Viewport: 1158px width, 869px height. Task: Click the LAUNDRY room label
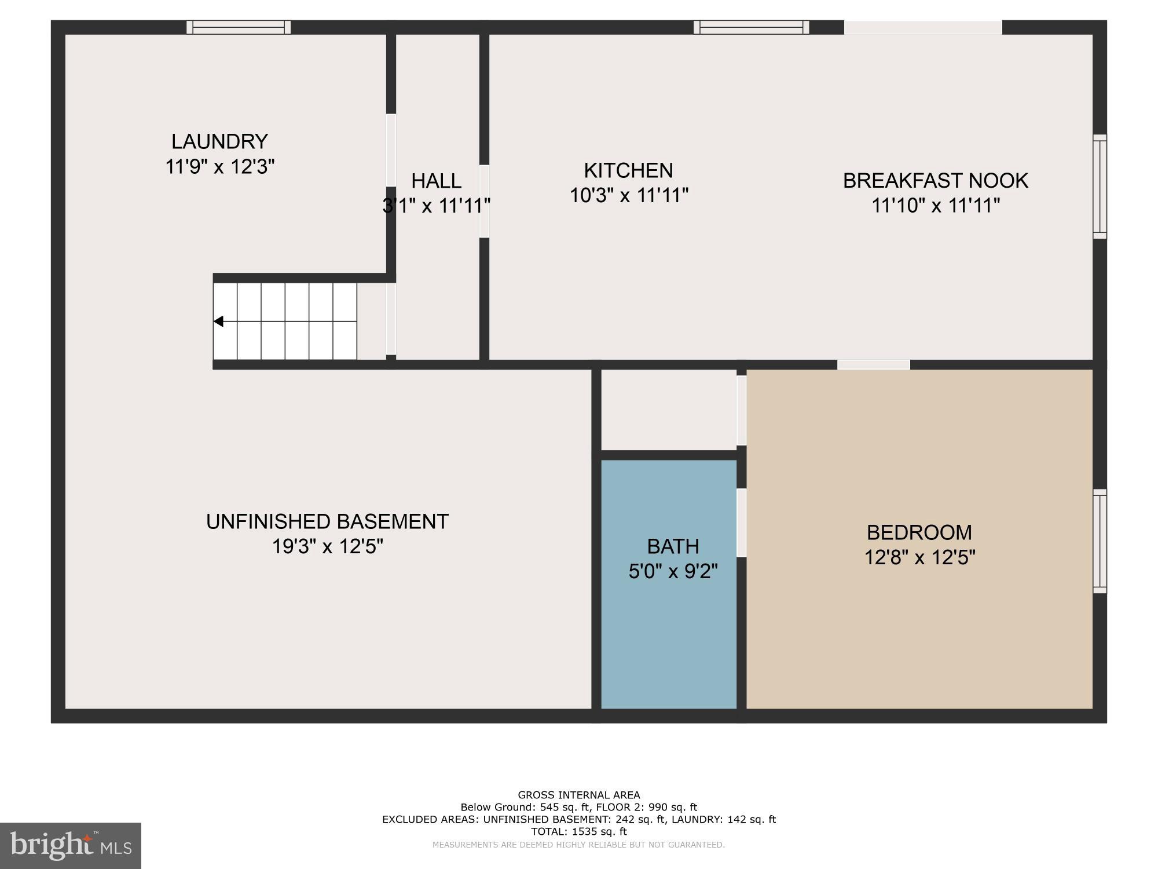click(x=219, y=141)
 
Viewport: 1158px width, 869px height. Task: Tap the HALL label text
click(x=436, y=181)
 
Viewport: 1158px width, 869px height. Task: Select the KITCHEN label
click(x=628, y=170)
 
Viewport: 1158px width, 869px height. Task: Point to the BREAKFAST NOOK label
click(x=935, y=181)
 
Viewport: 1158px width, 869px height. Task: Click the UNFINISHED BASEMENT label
click(x=327, y=521)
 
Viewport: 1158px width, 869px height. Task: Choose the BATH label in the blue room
click(x=673, y=546)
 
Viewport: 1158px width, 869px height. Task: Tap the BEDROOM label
click(x=919, y=532)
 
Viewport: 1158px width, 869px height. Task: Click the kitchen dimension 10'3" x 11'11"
click(x=629, y=196)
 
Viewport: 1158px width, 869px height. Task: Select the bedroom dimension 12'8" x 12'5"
click(x=919, y=557)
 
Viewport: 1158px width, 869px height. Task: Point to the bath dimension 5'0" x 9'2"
click(x=673, y=572)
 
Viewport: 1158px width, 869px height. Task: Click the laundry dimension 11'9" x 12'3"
click(x=219, y=167)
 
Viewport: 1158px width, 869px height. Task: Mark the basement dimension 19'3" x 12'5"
click(x=327, y=546)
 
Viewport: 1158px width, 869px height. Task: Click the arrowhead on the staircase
click(x=219, y=321)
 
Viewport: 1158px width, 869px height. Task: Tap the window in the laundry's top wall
click(x=239, y=27)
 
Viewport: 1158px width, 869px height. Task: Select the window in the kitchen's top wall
click(x=751, y=27)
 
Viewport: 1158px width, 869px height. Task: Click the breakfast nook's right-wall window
click(x=1100, y=187)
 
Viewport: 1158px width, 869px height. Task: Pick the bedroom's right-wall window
click(x=1100, y=541)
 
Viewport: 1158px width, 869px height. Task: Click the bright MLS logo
click(x=71, y=845)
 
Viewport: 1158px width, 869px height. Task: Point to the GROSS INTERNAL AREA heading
click(x=578, y=795)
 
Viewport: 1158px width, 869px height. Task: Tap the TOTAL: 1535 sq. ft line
click(x=578, y=831)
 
